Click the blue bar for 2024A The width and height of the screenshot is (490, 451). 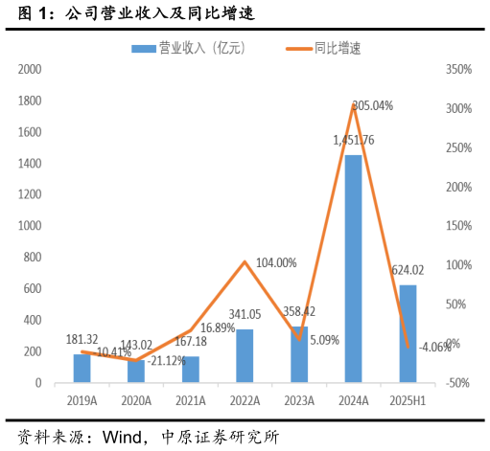354,268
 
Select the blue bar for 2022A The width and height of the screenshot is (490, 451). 245,355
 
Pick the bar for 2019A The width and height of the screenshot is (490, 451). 82,368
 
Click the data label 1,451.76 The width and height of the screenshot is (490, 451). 354,141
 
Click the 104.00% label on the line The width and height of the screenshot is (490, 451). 275,262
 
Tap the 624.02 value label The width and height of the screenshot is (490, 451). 408,271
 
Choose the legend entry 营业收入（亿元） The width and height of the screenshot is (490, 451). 188,48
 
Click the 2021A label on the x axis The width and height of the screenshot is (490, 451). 191,401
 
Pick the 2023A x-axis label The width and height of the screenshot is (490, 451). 299,401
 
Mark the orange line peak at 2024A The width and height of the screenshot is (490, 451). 354,105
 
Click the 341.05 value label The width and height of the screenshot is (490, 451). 245,314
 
